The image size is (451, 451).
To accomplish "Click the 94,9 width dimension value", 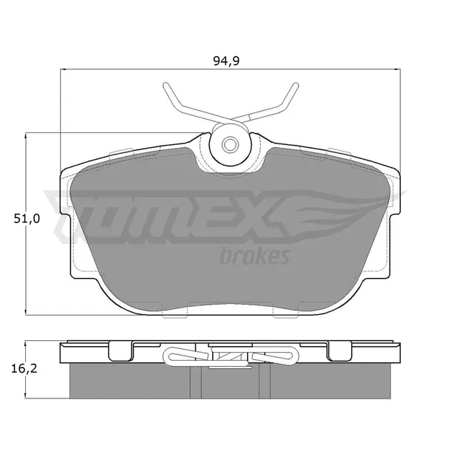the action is click(x=226, y=61).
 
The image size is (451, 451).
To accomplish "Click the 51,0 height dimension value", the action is click(x=27, y=219).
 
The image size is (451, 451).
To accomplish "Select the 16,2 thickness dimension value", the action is click(x=24, y=369).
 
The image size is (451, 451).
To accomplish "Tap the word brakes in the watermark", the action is click(x=254, y=256).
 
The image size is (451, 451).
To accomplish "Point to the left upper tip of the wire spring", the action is click(x=165, y=85).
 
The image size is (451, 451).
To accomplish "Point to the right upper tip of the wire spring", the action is click(x=296, y=85).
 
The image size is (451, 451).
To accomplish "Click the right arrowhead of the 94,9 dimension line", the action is click(x=398, y=69).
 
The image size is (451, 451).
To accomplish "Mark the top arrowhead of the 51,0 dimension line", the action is click(x=26, y=135).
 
